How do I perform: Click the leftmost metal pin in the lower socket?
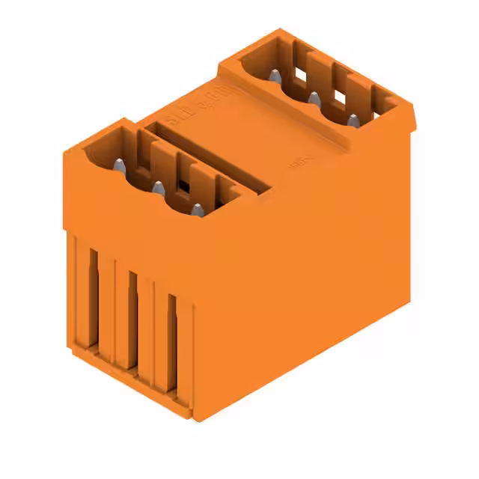pyautogui.click(x=120, y=167)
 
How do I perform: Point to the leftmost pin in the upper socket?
pyautogui.click(x=275, y=76)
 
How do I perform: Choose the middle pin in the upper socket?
pyautogui.click(x=314, y=98)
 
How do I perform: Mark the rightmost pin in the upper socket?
pyautogui.click(x=353, y=120)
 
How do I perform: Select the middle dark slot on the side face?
pyautogui.click(x=132, y=318)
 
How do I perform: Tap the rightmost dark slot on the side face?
pyautogui.click(x=172, y=341)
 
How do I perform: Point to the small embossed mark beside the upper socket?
pyautogui.click(x=296, y=160)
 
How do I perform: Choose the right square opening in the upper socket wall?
pyautogui.click(x=340, y=97)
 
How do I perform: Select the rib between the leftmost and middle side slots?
pyautogui.click(x=112, y=307)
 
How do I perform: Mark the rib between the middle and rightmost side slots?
pyautogui.click(x=151, y=329)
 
